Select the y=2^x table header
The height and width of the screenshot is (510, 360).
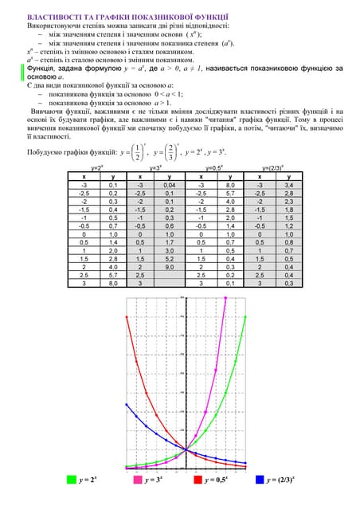100,168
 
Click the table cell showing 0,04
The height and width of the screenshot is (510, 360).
168,183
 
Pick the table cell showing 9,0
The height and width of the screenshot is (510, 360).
168,267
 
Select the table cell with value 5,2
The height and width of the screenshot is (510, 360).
168,258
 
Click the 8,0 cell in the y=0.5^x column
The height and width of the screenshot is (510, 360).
229,183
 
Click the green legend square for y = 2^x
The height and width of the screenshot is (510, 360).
72,480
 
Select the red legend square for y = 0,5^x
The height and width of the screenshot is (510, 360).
198,480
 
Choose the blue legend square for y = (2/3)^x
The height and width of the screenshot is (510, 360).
260,480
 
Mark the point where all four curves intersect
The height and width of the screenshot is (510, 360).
186,449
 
